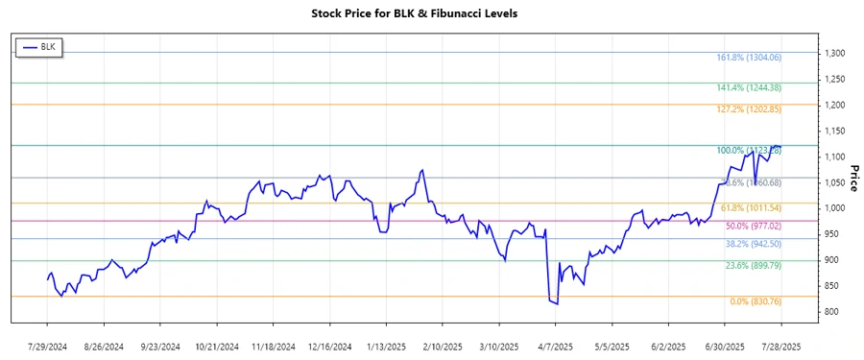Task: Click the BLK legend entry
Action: click(38, 47)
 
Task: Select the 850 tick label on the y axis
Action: click(831, 286)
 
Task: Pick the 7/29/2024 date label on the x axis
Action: click(48, 346)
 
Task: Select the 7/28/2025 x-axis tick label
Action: click(780, 346)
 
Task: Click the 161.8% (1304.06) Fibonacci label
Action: click(749, 58)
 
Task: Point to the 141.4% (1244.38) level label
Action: click(749, 88)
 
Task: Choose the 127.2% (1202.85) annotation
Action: click(749, 109)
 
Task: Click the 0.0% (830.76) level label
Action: click(755, 301)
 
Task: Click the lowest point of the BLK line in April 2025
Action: click(557, 304)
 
